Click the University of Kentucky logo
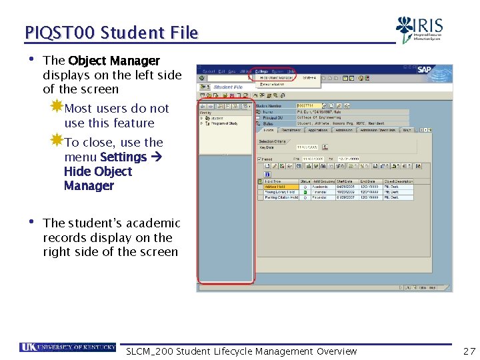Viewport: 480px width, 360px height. (x=67, y=347)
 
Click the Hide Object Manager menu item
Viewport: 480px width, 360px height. (x=277, y=78)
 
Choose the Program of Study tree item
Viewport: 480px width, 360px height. (x=223, y=123)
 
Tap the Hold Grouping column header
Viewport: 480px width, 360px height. (x=325, y=181)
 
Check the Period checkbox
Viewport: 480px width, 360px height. (x=259, y=159)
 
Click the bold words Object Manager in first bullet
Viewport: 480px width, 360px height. (x=113, y=61)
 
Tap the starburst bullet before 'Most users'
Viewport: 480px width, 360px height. (x=57, y=107)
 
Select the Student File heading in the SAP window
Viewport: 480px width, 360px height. (x=228, y=87)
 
